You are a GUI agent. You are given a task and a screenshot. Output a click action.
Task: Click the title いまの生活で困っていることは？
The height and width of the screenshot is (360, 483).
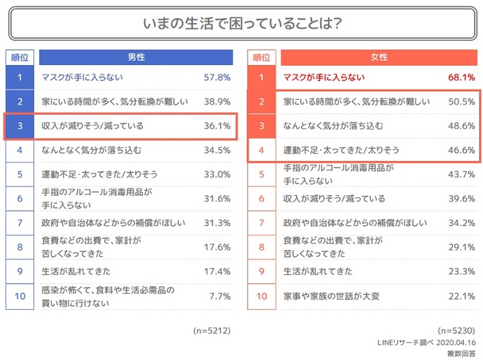tap(241, 23)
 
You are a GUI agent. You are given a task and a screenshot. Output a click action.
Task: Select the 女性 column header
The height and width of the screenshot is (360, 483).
tap(378, 57)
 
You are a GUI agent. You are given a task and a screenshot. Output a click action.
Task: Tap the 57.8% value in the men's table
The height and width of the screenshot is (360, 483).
tap(217, 78)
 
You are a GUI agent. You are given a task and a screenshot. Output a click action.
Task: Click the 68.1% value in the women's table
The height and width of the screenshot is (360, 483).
tap(461, 78)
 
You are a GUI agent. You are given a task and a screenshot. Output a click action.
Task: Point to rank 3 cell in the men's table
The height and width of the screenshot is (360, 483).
tap(20, 126)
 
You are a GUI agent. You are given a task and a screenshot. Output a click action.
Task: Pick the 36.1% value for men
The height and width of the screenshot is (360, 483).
tap(217, 126)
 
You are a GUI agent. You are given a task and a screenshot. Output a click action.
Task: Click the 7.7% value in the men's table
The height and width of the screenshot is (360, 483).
tap(220, 296)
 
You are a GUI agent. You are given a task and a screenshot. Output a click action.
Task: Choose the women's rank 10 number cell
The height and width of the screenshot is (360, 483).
tap(262, 296)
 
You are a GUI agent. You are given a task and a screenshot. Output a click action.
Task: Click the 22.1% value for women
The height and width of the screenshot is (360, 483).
tap(461, 296)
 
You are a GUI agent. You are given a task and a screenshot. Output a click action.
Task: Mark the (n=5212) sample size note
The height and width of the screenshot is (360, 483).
tap(212, 331)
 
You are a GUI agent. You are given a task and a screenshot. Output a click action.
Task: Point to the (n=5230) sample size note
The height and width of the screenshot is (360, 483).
tap(456, 331)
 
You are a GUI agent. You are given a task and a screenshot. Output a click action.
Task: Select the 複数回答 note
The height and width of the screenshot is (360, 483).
tap(461, 353)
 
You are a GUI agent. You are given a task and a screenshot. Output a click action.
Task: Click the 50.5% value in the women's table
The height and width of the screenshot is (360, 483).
tap(461, 102)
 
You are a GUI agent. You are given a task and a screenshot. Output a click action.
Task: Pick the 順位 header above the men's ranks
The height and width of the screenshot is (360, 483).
tap(20, 57)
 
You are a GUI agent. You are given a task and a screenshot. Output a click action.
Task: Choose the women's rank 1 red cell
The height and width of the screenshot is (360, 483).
tap(262, 78)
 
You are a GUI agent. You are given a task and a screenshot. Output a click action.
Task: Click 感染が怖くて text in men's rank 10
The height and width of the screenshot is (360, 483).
tap(64, 290)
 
